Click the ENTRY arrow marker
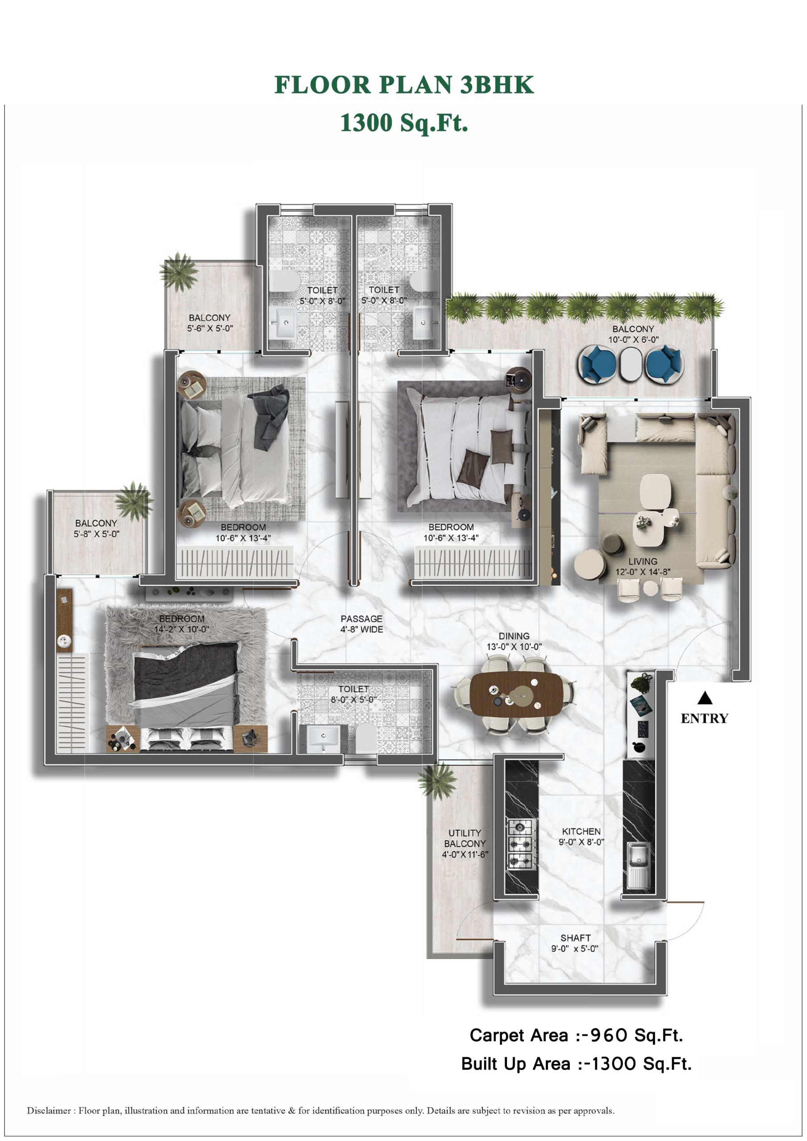704,698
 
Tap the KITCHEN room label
581,831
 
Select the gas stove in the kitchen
521,844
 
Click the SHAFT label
575,938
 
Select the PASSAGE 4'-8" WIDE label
362,624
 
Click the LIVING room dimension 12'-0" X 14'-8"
643,572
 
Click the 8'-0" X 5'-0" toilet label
354,700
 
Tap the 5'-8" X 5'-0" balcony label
96,534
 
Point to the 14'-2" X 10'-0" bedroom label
181,629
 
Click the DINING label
514,636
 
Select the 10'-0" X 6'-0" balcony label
634,340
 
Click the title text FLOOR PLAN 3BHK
404,85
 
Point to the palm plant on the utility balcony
437,781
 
